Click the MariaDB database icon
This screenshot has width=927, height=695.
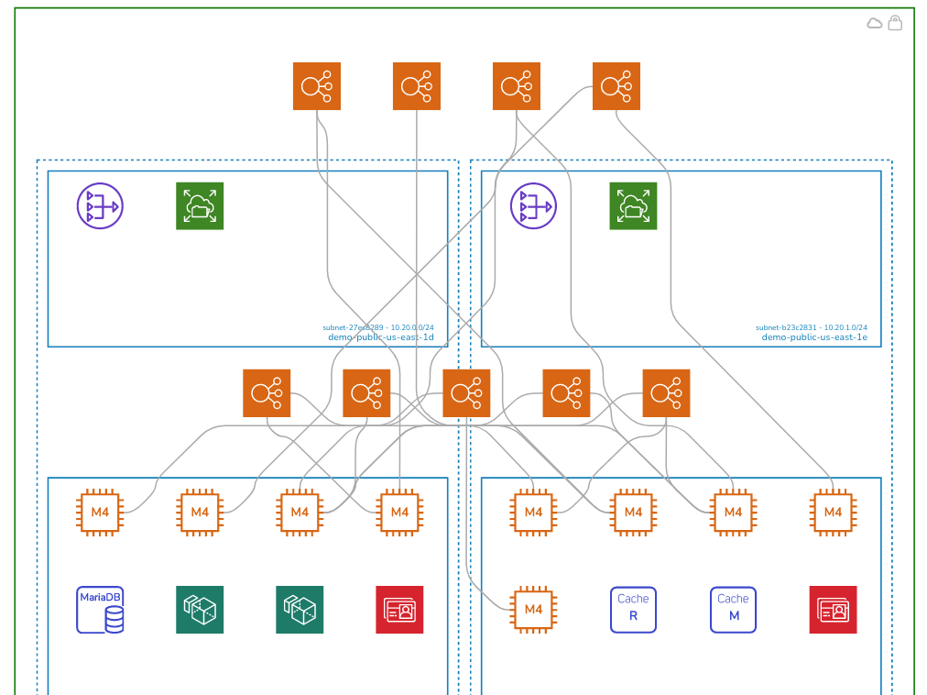click(100, 610)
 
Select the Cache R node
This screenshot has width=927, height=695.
click(633, 610)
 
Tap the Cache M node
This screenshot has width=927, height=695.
click(733, 610)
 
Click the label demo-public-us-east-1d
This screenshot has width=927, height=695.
click(380, 337)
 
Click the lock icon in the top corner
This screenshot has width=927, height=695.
click(895, 23)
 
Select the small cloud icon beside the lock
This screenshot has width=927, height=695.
click(875, 23)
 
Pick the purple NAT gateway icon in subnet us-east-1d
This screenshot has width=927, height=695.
click(100, 206)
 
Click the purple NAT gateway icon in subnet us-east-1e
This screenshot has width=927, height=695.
click(533, 206)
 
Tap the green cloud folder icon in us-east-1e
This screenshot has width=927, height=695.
click(633, 206)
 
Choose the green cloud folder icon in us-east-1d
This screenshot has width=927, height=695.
click(200, 206)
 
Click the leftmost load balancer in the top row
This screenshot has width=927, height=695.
click(317, 86)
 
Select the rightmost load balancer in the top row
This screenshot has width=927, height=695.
click(616, 86)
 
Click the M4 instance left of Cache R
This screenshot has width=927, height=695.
click(533, 610)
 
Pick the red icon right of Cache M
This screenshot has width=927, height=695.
click(833, 610)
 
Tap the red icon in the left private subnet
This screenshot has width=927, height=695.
click(399, 610)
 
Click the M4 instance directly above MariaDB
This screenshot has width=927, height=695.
click(100, 512)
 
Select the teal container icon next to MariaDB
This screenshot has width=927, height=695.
click(200, 610)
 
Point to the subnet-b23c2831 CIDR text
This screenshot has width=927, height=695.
click(811, 327)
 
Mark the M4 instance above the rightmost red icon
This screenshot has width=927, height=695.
click(833, 512)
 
